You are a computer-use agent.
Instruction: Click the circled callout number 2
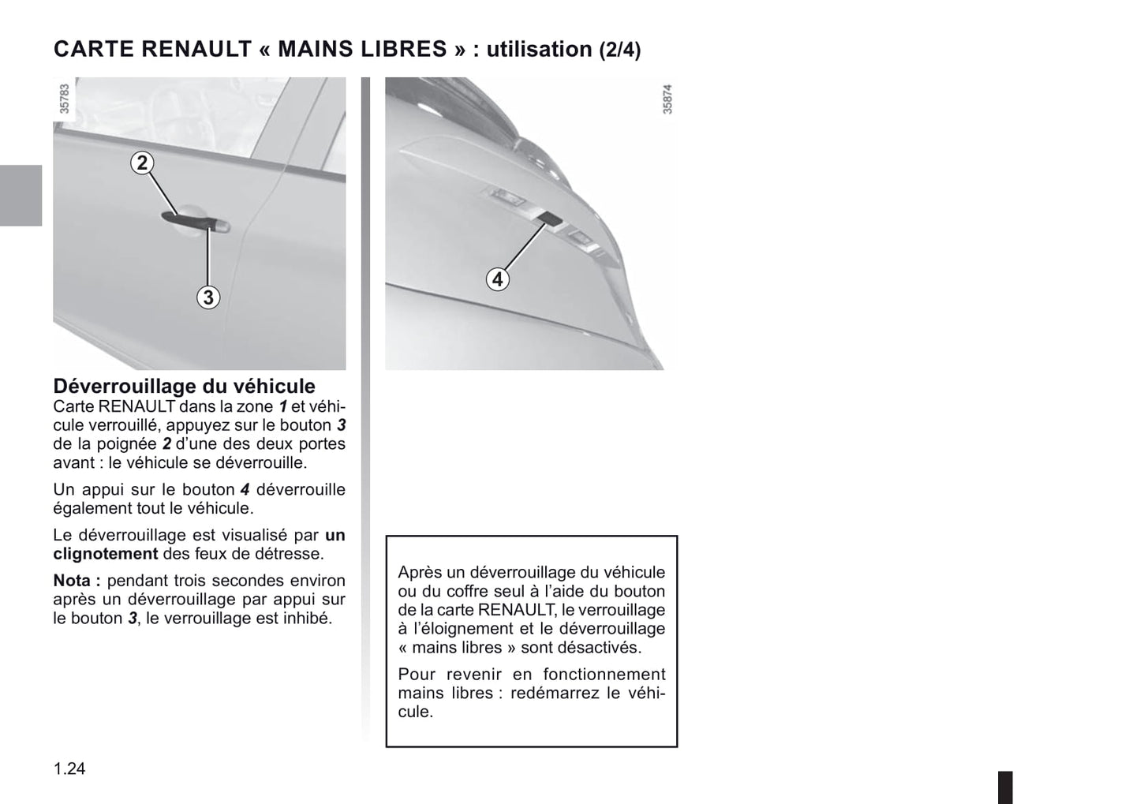click(142, 163)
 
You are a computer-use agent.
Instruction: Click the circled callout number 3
click(207, 297)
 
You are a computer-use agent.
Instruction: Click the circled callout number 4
click(497, 279)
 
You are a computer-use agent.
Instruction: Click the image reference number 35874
click(667, 99)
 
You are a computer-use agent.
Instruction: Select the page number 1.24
click(69, 768)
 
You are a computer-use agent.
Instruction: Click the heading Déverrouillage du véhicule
click(184, 386)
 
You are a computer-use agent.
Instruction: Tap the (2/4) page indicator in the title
click(619, 50)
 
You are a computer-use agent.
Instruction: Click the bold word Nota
click(76, 581)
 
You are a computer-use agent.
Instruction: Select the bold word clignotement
click(106, 554)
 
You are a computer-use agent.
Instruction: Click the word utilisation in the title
click(539, 49)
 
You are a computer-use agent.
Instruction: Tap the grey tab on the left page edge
click(21, 196)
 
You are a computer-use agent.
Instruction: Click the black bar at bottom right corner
click(1004, 787)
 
